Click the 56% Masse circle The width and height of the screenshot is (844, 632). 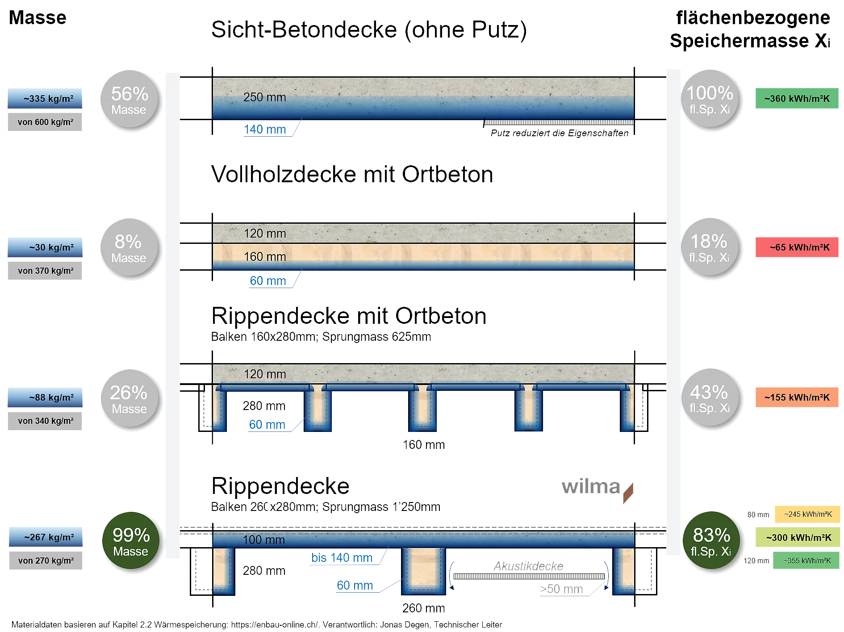pyautogui.click(x=130, y=100)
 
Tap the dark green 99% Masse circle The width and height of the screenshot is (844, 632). pyautogui.click(x=130, y=541)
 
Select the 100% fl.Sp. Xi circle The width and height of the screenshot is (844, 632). pyautogui.click(x=710, y=99)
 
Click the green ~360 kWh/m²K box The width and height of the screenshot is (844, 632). pyautogui.click(x=797, y=98)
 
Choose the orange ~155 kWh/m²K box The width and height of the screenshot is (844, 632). pyautogui.click(x=797, y=397)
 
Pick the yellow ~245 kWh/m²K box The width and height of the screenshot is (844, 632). pyautogui.click(x=808, y=514)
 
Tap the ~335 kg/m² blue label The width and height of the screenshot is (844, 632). pyautogui.click(x=45, y=98)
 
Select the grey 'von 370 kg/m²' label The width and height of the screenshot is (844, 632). pyautogui.click(x=46, y=271)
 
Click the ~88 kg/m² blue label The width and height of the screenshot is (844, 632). pyautogui.click(x=46, y=397)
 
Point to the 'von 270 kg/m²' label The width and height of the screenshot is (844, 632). pyautogui.click(x=46, y=561)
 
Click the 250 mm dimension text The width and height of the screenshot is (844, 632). pyautogui.click(x=264, y=97)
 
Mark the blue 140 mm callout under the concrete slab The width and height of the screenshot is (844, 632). pyautogui.click(x=265, y=130)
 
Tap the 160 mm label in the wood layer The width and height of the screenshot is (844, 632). pyautogui.click(x=265, y=256)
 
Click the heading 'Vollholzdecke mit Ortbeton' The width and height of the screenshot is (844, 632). pyautogui.click(x=351, y=174)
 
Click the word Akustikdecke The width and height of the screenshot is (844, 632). pyautogui.click(x=528, y=566)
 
